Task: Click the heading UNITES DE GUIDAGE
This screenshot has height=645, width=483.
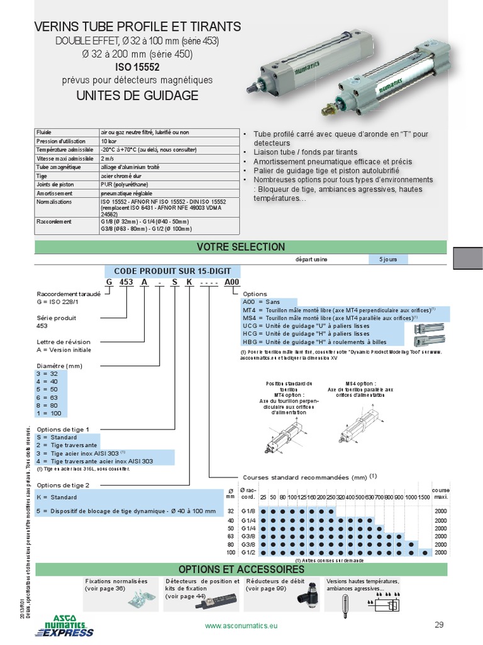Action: (x=136, y=96)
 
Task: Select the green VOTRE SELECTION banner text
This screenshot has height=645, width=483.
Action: (x=241, y=247)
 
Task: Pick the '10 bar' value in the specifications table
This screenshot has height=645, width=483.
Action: (x=108, y=141)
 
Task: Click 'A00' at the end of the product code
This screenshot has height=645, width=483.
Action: (x=232, y=282)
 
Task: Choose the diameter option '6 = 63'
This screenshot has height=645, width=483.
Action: (x=48, y=399)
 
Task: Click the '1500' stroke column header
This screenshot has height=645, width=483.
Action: (x=424, y=498)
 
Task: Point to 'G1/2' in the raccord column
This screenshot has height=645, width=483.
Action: (x=249, y=552)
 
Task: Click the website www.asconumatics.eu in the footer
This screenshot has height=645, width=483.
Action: (x=241, y=626)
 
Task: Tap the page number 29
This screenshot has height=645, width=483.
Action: (x=439, y=625)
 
